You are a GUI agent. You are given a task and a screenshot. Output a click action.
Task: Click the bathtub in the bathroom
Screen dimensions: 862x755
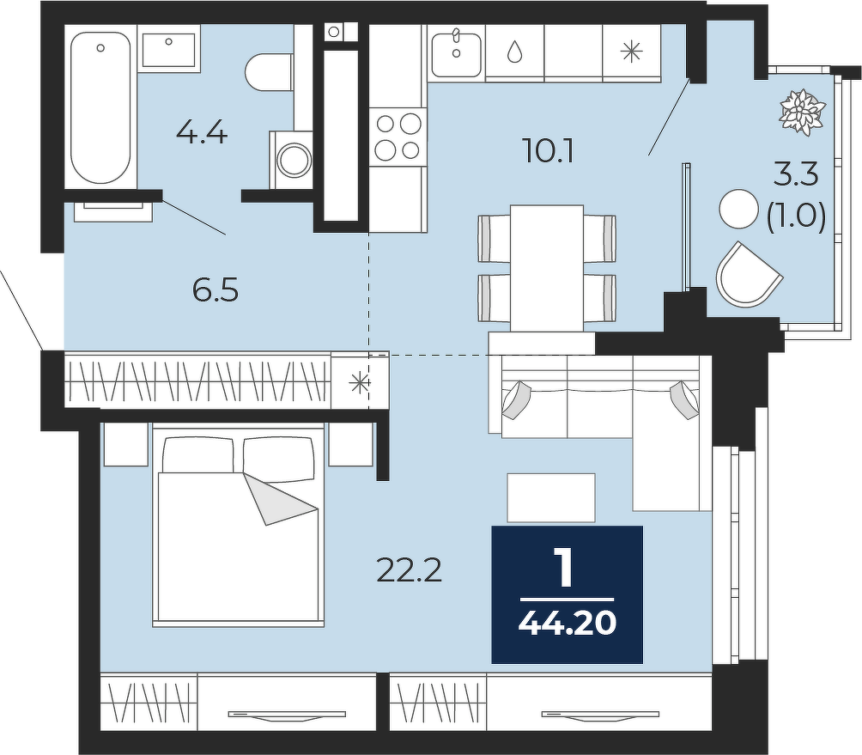(100, 107)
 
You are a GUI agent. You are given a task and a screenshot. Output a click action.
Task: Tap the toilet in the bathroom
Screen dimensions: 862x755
(270, 72)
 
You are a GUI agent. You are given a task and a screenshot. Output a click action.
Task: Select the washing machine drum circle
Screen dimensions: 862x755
(294, 160)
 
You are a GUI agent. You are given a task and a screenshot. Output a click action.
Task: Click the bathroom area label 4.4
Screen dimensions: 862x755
(202, 133)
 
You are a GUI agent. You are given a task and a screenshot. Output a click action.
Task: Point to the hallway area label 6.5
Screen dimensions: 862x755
(215, 289)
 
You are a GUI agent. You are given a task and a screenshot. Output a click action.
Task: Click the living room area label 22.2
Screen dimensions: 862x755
(409, 571)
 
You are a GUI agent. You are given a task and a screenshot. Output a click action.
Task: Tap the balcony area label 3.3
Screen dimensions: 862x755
(796, 174)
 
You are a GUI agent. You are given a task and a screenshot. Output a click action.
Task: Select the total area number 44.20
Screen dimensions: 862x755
(567, 623)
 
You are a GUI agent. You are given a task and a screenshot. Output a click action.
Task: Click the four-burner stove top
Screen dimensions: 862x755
(398, 136)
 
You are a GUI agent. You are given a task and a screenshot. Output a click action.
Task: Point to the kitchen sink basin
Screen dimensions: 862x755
(456, 54)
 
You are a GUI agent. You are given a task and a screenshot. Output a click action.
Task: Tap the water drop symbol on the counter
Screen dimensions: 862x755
(514, 52)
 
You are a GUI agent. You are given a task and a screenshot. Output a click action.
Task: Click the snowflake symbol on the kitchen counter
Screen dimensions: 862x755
(631, 52)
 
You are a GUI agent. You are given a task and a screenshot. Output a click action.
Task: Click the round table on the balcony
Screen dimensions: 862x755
(739, 209)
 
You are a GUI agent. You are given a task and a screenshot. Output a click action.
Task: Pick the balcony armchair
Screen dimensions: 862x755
(747, 274)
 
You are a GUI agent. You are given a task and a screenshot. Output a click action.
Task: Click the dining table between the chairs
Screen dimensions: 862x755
(546, 268)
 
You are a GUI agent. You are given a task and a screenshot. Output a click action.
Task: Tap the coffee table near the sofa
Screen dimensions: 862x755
(551, 497)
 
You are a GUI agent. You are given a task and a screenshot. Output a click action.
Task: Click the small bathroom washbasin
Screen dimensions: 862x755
(168, 50)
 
